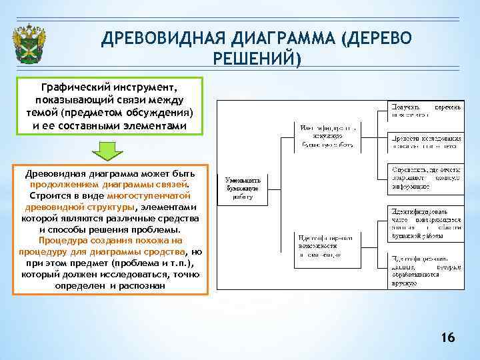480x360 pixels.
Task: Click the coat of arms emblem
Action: (x=30, y=41)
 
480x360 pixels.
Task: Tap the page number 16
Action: (x=448, y=338)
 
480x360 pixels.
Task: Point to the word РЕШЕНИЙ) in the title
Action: (x=257, y=59)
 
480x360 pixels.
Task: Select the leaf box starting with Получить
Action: (x=425, y=110)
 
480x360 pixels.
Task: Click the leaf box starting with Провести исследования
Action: (x=425, y=141)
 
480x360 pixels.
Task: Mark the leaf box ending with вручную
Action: (x=425, y=269)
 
